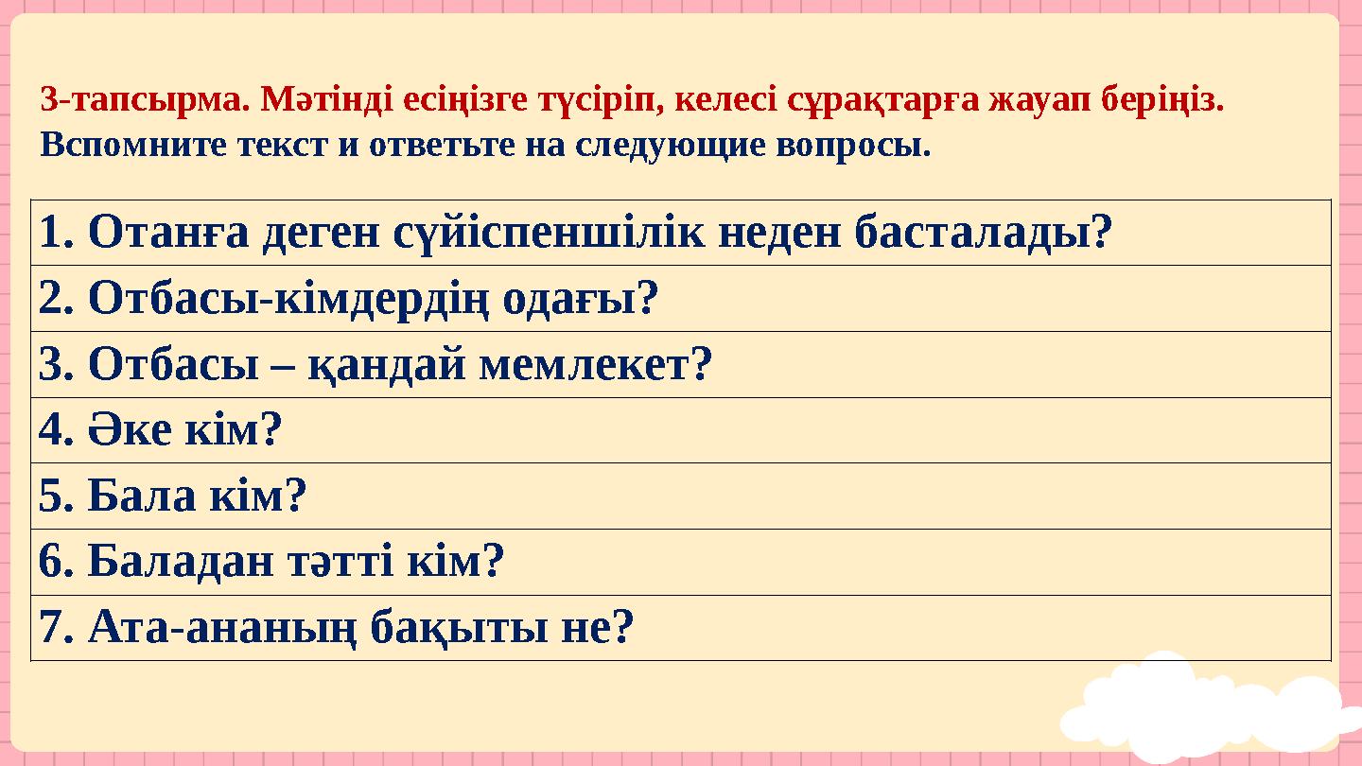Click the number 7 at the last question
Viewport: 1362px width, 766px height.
50,628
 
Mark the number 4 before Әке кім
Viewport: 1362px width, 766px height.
50,431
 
